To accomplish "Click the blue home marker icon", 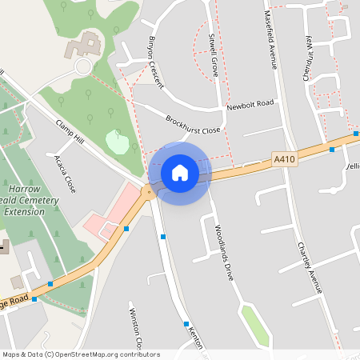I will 180,173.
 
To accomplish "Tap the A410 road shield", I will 283,159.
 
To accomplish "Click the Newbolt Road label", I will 250,105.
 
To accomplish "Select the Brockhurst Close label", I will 193,125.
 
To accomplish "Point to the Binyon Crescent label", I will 156,62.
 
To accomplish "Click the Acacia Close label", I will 63,172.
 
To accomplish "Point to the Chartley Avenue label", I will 308,267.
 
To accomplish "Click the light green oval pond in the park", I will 118,142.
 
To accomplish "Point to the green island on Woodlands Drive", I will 254,322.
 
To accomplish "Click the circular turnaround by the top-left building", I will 83,66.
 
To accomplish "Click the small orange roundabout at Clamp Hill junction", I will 147,191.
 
